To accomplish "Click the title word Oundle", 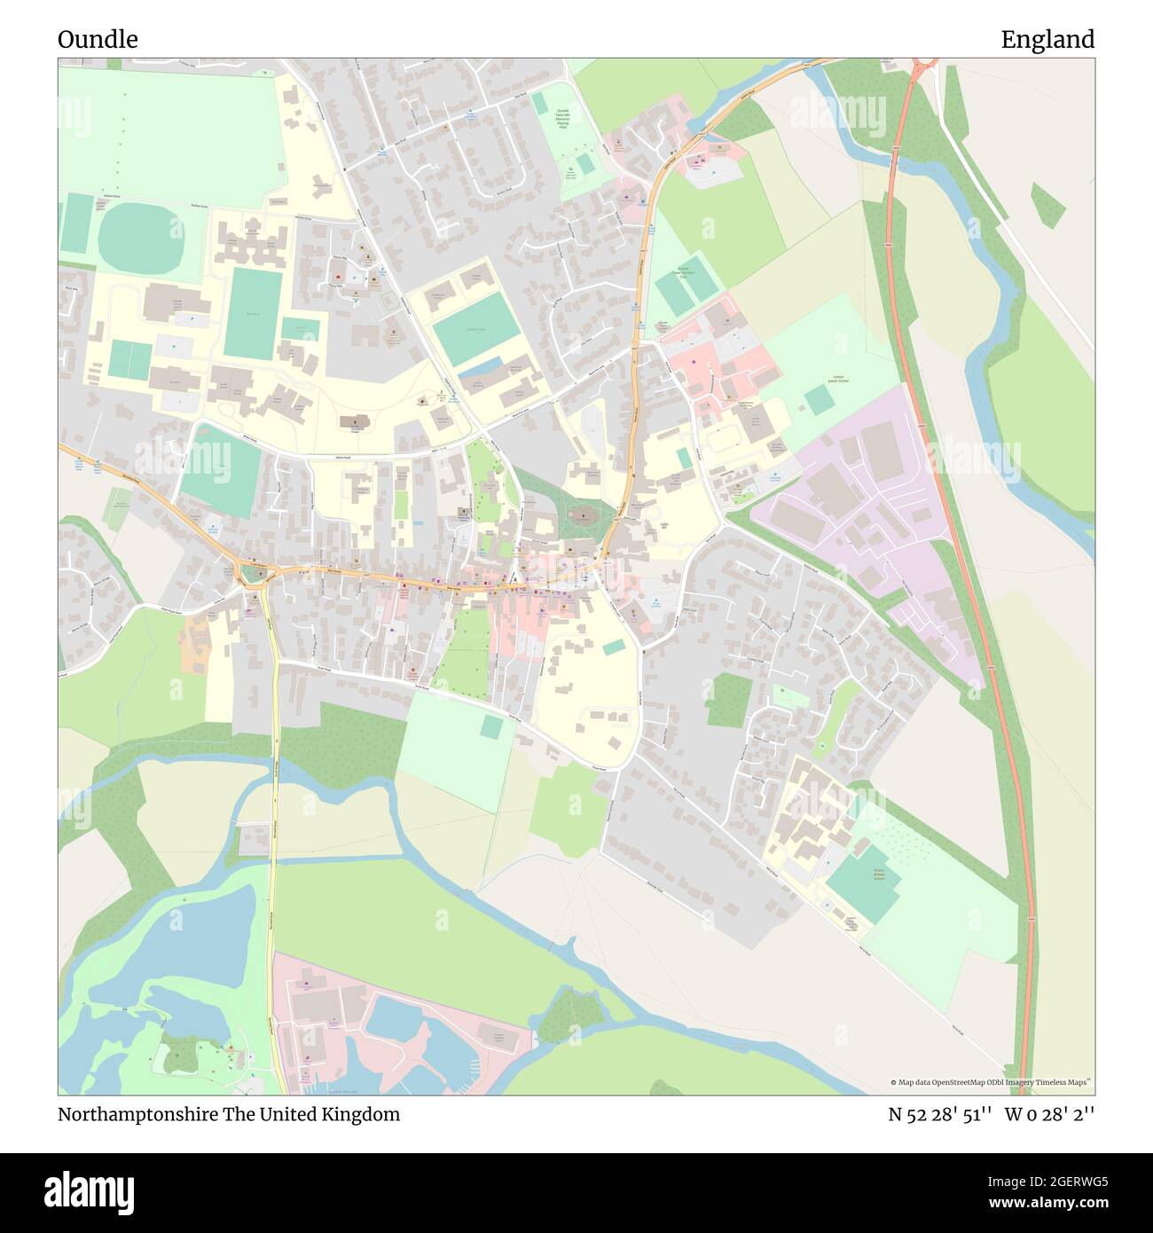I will coord(98,40).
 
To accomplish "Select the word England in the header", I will coord(1047,40).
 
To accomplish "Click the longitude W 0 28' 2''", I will coord(1049,1114).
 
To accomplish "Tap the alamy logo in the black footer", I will coord(89,1192).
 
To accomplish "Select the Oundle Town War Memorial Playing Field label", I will coord(562,120).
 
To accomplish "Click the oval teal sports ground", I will coord(140,237).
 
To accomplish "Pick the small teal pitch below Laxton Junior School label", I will coord(820,400).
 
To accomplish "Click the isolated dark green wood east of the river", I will coord(1047,205).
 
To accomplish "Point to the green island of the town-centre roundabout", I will coord(255,574).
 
